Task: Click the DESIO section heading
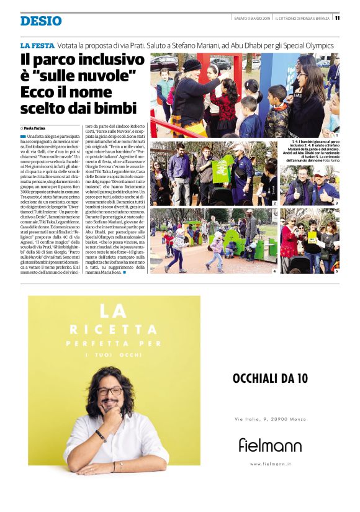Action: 41,21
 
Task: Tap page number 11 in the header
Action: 337,18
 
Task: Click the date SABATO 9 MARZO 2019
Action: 252,18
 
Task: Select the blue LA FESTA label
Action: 36,45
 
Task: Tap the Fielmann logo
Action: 270,444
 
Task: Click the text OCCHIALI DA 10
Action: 270,378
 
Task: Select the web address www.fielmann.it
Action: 270,464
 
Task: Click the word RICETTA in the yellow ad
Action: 114,329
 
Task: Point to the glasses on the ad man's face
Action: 110,390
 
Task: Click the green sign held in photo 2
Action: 222,169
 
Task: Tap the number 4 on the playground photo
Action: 274,271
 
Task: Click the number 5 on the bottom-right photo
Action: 336,271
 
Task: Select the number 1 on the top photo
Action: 336,135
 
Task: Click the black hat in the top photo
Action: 192,65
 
